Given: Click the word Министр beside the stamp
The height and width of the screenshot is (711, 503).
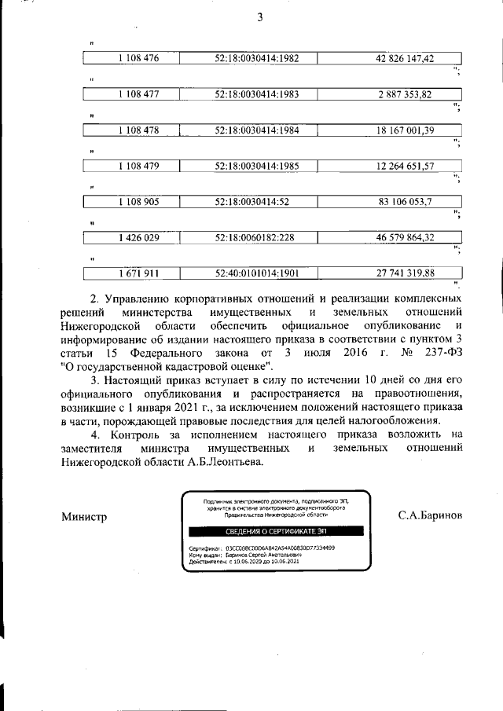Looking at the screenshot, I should click(83, 517).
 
